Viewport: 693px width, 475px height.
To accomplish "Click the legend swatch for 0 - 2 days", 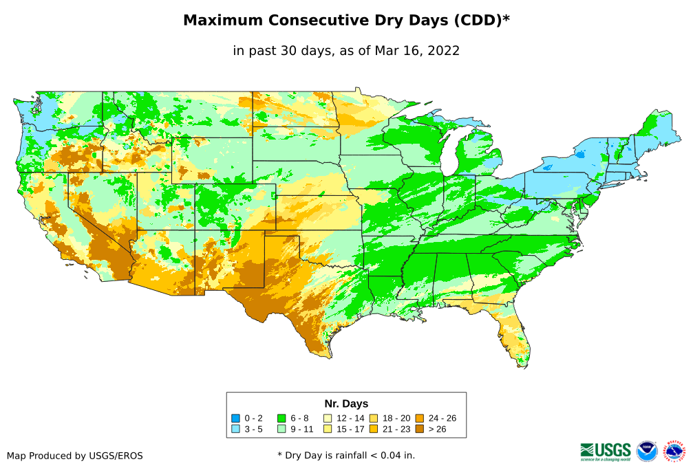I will pos(235,418).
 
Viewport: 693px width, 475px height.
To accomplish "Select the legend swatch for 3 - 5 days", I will pos(235,429).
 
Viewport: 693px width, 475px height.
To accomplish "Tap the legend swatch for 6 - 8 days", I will pos(281,418).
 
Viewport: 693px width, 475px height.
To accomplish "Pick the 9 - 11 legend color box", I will pos(281,429).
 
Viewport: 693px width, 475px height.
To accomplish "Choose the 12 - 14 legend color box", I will pos(328,418).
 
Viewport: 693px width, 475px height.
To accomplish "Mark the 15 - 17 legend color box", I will pos(328,429).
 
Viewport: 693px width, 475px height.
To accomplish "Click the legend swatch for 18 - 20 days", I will pos(374,418).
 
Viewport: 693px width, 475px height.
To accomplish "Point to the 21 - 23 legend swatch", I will pos(374,429).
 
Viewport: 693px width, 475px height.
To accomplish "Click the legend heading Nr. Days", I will pos(346,404).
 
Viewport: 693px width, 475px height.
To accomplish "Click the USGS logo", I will pos(606,451).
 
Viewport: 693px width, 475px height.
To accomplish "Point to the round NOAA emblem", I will pos(647,451).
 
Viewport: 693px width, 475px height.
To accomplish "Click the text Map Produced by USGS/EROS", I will pos(75,456).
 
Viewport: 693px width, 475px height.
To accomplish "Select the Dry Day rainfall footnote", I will pos(346,455).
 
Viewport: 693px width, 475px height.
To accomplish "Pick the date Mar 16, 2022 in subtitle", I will pos(417,51).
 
